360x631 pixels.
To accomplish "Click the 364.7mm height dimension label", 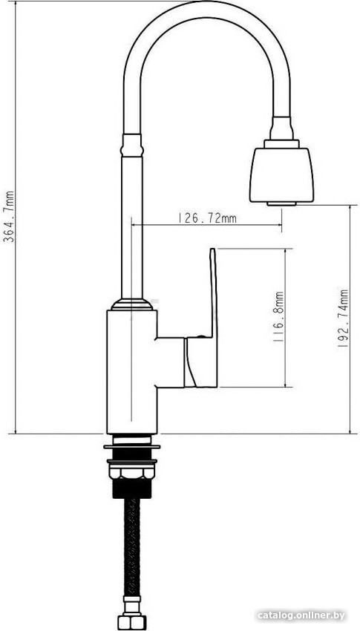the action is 9,216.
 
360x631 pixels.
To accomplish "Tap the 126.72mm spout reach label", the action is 207,218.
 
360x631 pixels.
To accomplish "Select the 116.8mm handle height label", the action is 278,317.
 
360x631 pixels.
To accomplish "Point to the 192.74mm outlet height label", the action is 343,318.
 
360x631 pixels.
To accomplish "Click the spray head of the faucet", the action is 281,174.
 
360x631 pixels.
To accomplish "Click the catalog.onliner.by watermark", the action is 301,615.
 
